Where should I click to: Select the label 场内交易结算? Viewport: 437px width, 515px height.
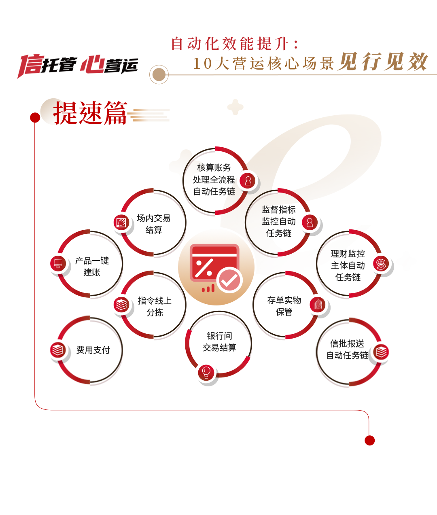click(153, 224)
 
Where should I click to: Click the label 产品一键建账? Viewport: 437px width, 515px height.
click(92, 266)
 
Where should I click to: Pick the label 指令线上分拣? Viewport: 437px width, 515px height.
click(154, 306)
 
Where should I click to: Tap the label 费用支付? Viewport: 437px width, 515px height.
click(93, 350)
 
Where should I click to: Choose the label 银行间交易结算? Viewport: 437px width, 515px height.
click(219, 342)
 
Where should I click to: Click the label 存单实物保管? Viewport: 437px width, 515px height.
click(284, 306)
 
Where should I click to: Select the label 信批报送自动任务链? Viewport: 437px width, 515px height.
click(347, 350)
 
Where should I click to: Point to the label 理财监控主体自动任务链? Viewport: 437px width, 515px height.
click(348, 265)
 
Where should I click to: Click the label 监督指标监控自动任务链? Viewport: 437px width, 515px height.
click(278, 221)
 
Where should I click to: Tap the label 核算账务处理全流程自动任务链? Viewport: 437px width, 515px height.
click(214, 179)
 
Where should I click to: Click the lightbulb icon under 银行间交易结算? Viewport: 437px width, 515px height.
click(206, 372)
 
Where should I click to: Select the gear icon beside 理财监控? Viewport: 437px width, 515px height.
click(381, 264)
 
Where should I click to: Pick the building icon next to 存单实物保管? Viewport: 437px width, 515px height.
click(318, 304)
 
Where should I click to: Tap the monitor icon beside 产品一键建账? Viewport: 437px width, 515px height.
click(58, 264)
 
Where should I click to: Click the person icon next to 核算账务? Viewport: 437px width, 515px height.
click(248, 181)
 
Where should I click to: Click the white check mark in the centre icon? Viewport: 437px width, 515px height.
click(229, 280)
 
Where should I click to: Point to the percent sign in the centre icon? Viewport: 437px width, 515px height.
click(204, 267)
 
